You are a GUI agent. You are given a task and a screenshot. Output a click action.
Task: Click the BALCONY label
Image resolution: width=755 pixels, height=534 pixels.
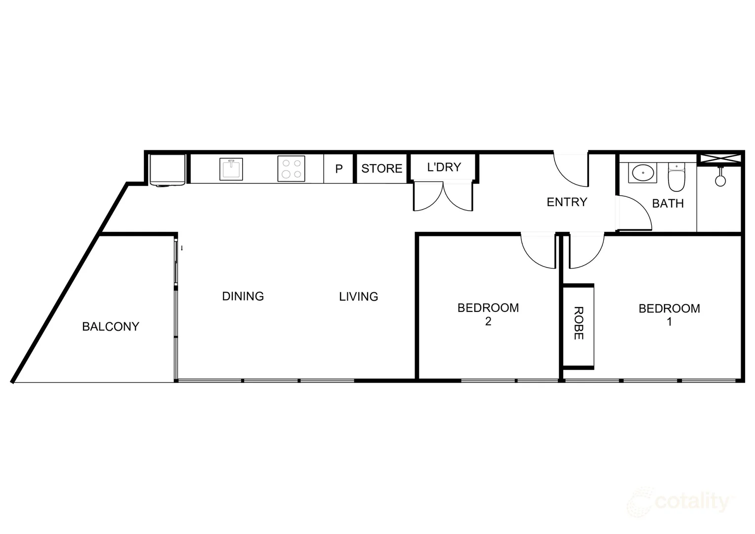point(111,326)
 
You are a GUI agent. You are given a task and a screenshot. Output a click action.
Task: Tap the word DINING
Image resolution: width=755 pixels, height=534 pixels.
point(243,296)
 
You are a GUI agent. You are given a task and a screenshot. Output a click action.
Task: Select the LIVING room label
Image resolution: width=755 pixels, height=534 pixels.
point(358,297)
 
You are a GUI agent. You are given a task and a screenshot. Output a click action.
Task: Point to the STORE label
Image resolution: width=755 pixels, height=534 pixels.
point(381,169)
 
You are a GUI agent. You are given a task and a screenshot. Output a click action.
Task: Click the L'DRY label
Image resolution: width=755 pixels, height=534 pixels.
point(444,167)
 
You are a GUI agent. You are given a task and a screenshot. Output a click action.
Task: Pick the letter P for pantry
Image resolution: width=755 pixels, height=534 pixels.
point(339,169)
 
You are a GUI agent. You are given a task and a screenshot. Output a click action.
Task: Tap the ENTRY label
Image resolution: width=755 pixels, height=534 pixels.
point(567,202)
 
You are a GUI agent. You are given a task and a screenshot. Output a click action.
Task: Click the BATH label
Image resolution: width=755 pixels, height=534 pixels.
point(668,203)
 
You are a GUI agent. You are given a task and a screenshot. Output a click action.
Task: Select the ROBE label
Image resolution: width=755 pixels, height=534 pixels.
point(579,323)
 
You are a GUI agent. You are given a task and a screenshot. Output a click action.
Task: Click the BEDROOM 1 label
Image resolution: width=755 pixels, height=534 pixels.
point(669,314)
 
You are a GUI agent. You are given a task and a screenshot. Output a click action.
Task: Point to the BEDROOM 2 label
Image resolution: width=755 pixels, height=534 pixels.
point(488,314)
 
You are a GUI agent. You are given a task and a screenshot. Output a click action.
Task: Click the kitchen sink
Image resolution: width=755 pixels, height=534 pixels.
point(231,169)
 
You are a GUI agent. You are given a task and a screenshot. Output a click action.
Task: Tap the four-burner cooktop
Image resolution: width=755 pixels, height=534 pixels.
point(292,169)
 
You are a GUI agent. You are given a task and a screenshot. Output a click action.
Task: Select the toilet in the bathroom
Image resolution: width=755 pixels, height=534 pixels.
point(676,178)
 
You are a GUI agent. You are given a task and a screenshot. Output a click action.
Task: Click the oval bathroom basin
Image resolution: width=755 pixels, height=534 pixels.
point(642,173)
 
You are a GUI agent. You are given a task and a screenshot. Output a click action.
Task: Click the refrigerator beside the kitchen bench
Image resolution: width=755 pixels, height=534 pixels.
point(168,170)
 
